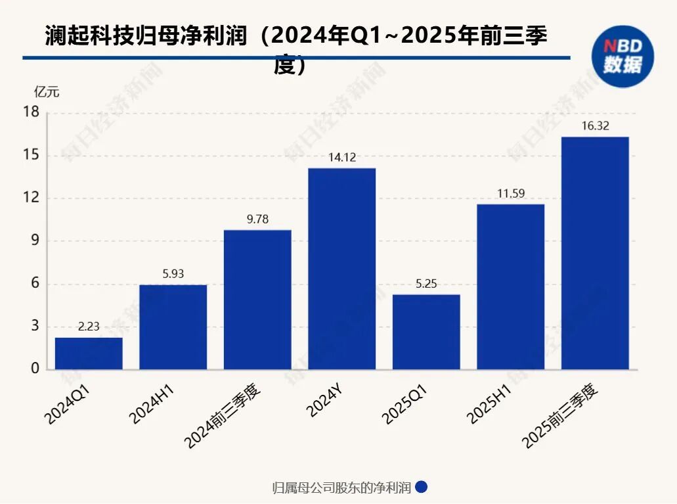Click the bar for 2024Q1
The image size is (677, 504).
tap(89, 353)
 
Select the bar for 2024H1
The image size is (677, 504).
tap(173, 327)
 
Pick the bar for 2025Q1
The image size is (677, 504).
tap(426, 332)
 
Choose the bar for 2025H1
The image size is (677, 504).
tap(510, 286)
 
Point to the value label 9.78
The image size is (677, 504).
tap(257, 219)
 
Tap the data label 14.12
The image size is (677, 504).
tap(342, 158)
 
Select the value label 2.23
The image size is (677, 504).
tap(89, 327)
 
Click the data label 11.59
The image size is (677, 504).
tap(510, 194)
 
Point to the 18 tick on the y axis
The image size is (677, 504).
tap(32, 113)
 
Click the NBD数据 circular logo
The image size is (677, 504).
tap(622, 57)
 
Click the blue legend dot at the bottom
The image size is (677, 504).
tap(422, 488)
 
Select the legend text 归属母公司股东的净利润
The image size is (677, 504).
tap(341, 488)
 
